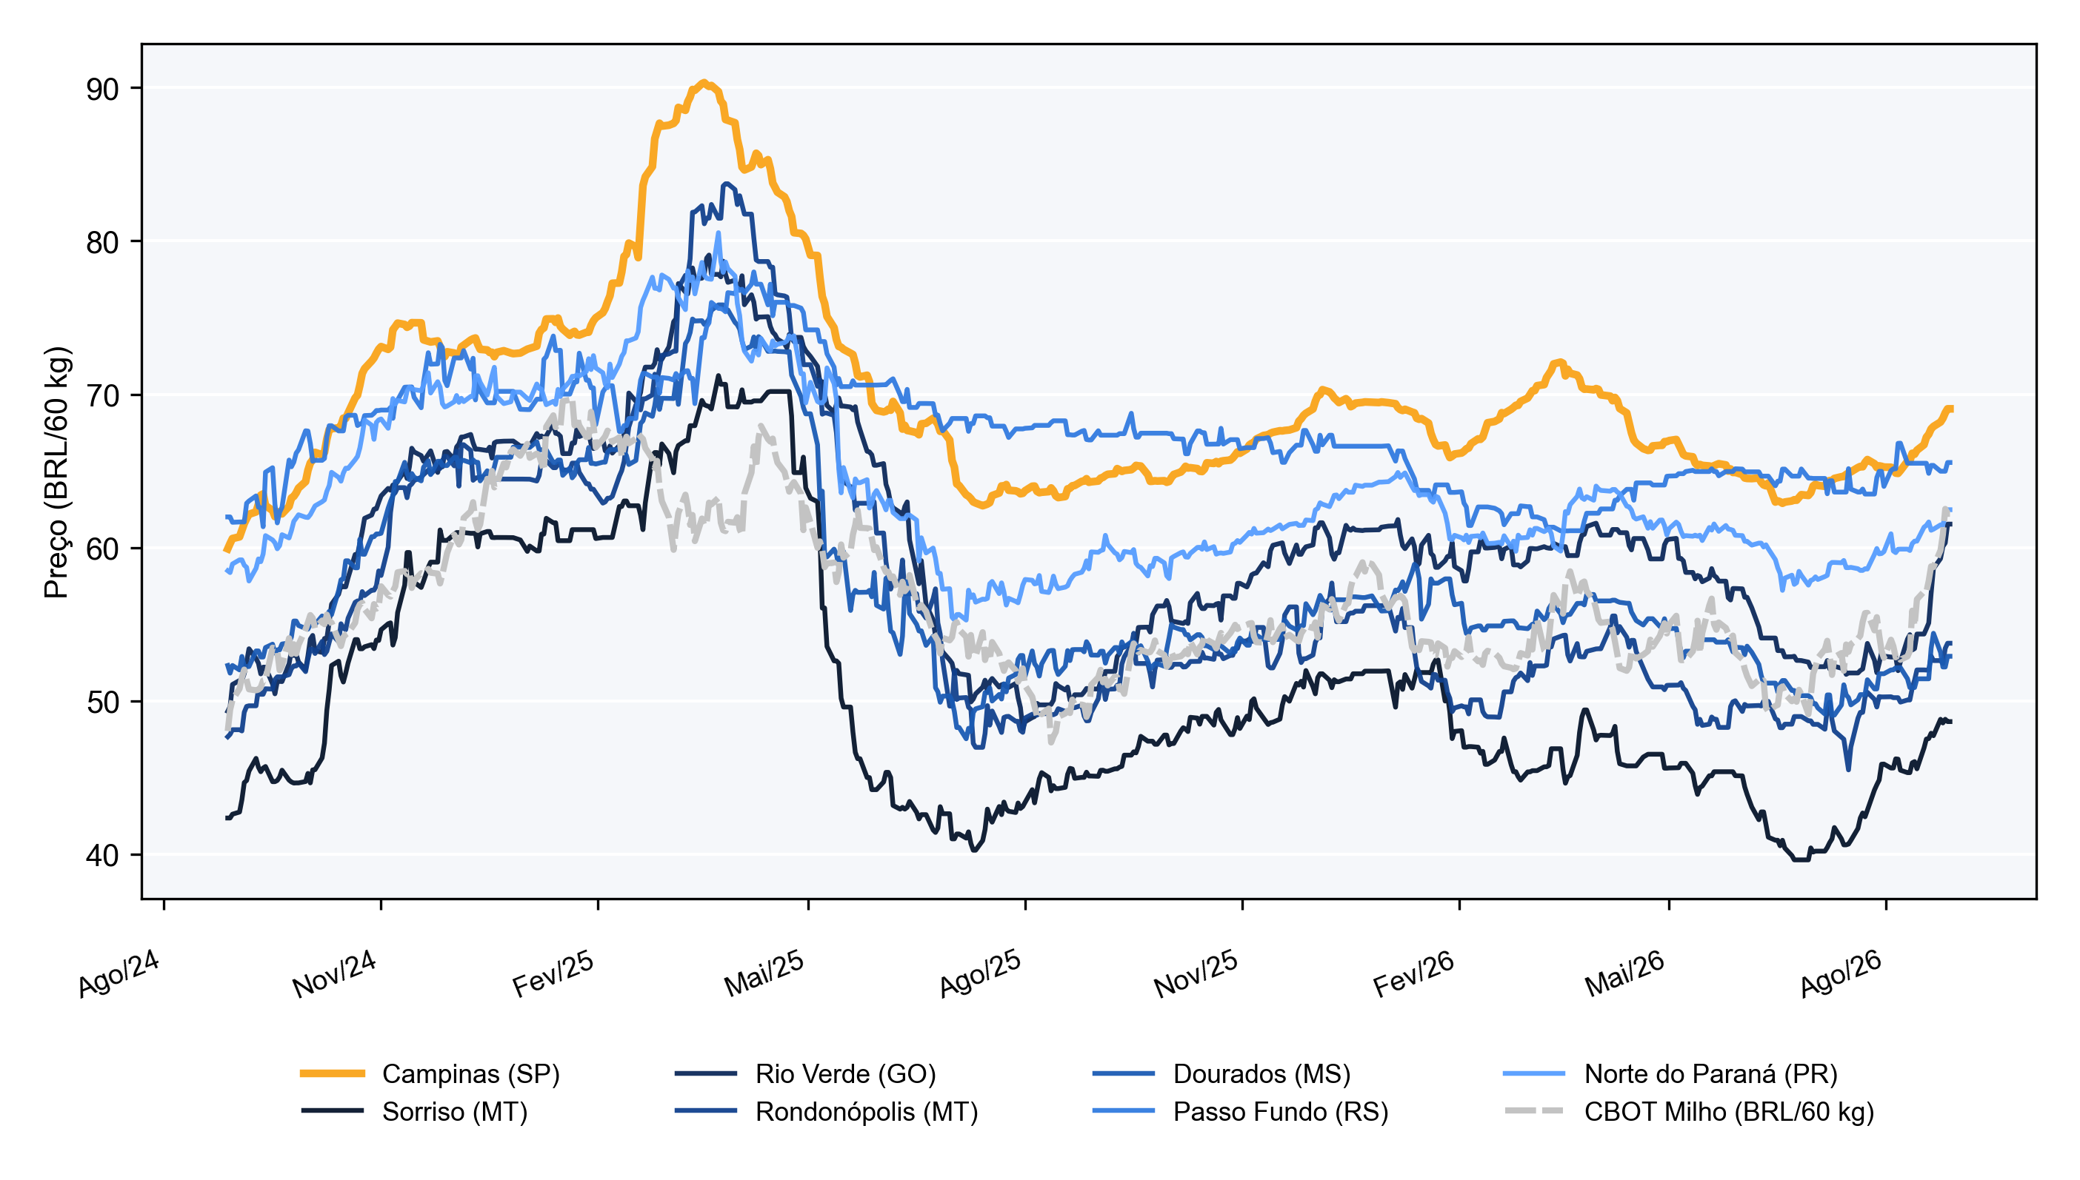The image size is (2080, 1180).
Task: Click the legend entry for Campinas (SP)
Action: coord(470,1074)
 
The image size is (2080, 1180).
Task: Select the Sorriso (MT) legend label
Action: coord(455,1112)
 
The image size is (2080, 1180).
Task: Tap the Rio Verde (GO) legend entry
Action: coord(846,1074)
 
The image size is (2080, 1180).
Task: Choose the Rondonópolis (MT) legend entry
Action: coord(867,1112)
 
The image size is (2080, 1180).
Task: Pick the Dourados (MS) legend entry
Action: coord(1261,1074)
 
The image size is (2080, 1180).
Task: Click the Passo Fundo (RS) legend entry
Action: coord(1281,1112)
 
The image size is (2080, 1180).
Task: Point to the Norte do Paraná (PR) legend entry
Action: coord(1711,1074)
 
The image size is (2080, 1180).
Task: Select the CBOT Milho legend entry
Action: coord(1729,1112)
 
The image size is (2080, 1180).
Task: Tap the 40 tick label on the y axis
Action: coord(103,856)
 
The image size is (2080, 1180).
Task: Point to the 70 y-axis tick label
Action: coord(103,396)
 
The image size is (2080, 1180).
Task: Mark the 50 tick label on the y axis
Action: coord(103,702)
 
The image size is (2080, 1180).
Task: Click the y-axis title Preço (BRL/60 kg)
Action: coord(57,472)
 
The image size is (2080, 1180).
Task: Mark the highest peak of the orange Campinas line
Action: coord(704,82)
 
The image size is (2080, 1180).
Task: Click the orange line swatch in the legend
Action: coord(333,1074)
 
